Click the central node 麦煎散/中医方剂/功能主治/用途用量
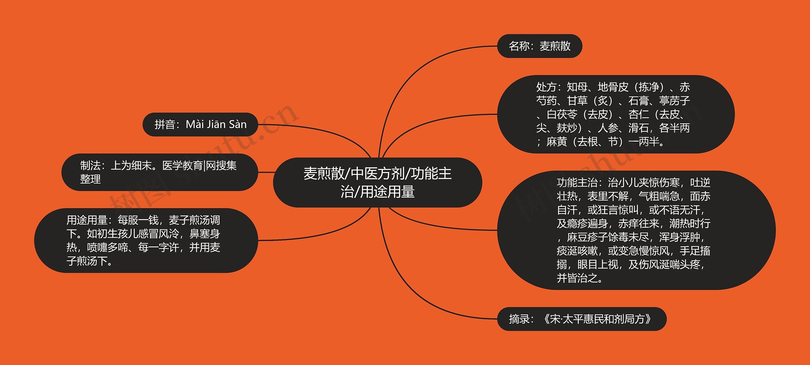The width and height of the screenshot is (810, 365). point(377,182)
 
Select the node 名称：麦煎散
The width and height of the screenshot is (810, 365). point(539,46)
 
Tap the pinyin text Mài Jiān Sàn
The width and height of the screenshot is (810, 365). point(216,124)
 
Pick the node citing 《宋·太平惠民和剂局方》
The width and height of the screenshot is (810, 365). point(582,319)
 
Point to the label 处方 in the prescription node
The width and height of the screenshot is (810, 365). point(546,87)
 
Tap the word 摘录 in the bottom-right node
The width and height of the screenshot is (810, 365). point(519,319)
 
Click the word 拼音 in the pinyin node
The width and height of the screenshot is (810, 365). point(165,125)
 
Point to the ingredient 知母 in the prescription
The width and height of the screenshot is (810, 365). point(577,87)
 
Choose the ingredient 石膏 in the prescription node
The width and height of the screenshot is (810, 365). point(638,101)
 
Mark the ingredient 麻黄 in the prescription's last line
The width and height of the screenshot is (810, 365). point(557,142)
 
